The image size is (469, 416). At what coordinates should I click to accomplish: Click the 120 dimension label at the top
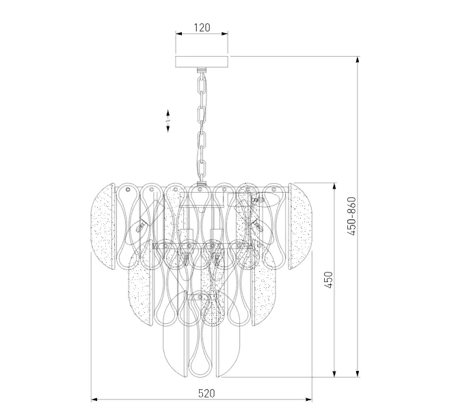202,27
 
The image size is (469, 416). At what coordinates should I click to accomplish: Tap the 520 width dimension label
206,393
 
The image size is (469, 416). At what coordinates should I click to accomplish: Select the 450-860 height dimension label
352,216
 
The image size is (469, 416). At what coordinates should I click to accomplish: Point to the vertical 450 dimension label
328,280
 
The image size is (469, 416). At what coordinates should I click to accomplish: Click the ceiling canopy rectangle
202,61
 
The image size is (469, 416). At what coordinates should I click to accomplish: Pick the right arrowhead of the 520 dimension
308,399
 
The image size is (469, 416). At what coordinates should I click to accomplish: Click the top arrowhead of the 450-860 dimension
358,60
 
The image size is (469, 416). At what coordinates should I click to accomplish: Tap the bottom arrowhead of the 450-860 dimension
358,373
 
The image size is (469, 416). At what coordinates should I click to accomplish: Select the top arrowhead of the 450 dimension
334,186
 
